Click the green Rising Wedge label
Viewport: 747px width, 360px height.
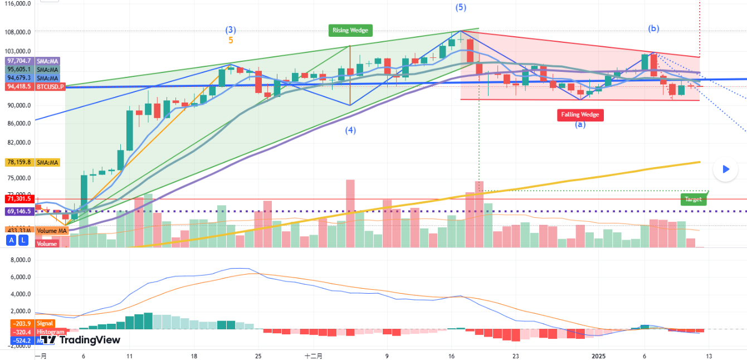[350, 30]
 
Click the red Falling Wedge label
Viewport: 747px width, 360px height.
[580, 115]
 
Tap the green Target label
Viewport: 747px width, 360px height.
[694, 199]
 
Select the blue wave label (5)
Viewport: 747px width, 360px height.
[461, 7]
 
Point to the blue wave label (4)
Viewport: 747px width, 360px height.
[350, 130]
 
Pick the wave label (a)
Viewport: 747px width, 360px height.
[580, 125]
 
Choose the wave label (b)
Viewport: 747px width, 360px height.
[653, 28]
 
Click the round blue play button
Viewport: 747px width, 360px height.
[725, 169]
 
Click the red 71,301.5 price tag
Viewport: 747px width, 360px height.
[18, 198]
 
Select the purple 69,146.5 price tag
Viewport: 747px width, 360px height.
[18, 212]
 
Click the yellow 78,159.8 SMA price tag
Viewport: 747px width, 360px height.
[18, 163]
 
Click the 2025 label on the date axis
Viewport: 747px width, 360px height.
[598, 355]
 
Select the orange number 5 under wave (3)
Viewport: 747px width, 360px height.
[231, 40]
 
